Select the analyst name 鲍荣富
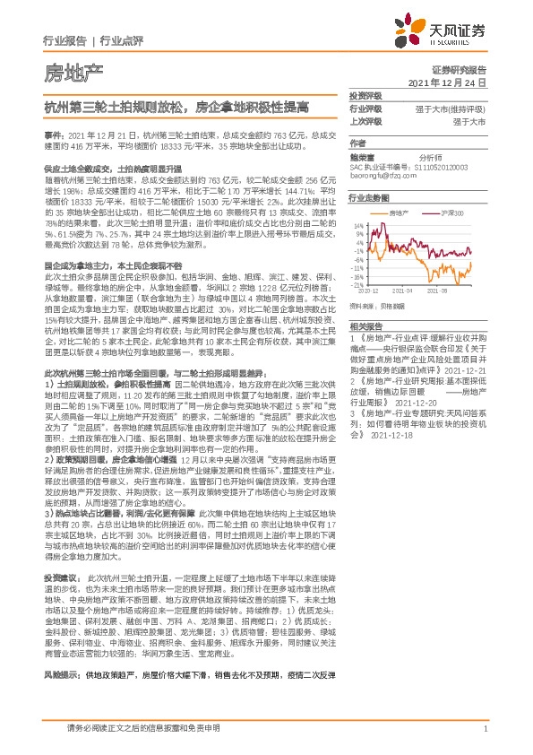pyautogui.click(x=361, y=154)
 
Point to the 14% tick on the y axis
pyautogui.click(x=357, y=224)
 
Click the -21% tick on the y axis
pyautogui.click(x=357, y=285)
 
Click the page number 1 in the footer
pyautogui.click(x=484, y=735)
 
